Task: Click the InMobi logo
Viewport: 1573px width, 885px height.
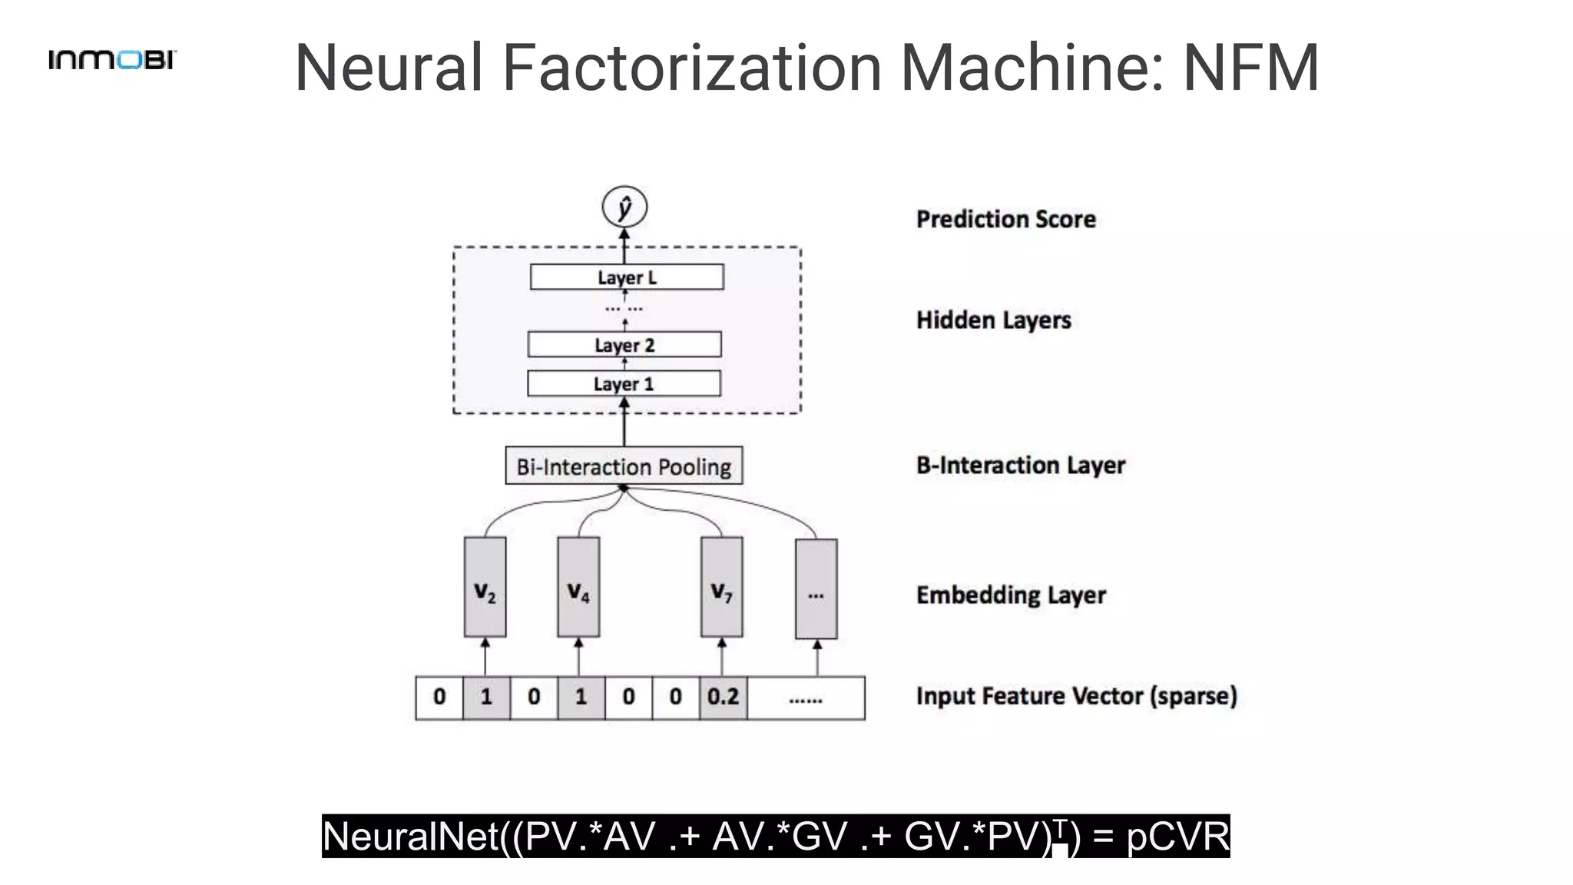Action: coord(112,59)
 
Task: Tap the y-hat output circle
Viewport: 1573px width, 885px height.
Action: coord(624,207)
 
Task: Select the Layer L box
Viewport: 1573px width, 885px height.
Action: coord(627,277)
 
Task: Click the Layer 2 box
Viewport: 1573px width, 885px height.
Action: coord(624,345)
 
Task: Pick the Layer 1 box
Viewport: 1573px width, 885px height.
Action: coord(624,383)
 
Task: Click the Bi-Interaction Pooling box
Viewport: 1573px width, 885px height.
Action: coord(624,466)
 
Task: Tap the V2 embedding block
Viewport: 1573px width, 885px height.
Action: coord(485,588)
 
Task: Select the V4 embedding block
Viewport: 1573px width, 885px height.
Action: coord(578,588)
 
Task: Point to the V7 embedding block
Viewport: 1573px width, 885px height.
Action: coord(721,588)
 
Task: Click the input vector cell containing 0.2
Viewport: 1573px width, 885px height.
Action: coord(723,698)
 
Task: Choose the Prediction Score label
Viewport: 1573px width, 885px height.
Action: coord(1005,220)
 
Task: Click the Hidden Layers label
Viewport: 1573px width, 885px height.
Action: coord(993,320)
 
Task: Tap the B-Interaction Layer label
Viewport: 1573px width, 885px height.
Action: coord(1020,466)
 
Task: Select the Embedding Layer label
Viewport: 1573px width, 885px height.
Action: coord(1011,595)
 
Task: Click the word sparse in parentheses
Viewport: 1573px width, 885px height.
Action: coord(1194,696)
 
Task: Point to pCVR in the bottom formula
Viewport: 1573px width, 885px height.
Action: coord(1177,837)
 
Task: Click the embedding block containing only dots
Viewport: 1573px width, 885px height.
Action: coord(816,589)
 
